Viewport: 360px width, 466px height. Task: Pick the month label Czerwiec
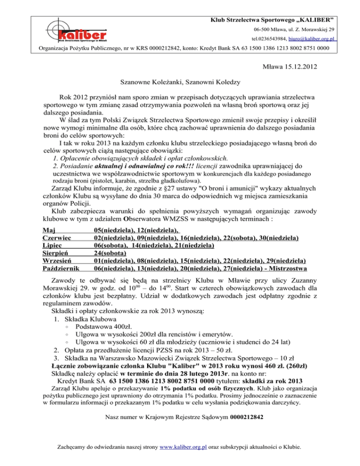pos(57,239)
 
